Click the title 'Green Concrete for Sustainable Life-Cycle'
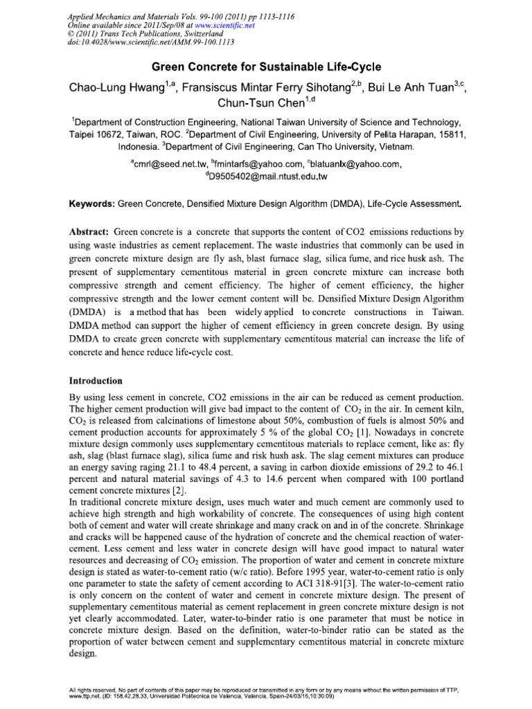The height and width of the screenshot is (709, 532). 267,67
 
